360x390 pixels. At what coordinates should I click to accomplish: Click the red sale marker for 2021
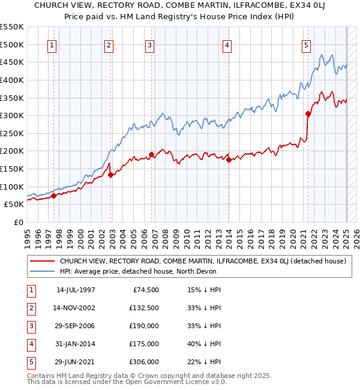pos(308,113)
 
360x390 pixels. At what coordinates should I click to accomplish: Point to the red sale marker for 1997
pos(53,195)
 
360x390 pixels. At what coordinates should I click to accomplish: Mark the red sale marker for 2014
pos(229,160)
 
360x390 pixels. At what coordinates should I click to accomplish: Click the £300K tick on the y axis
pos(12,115)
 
